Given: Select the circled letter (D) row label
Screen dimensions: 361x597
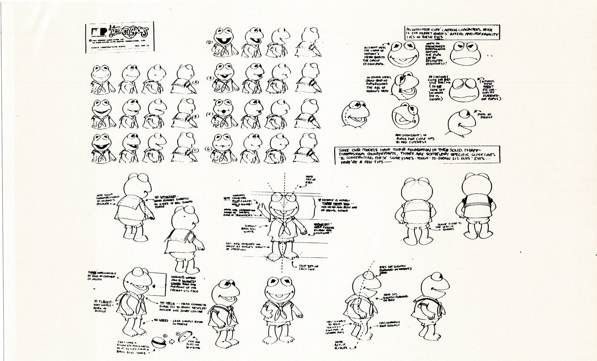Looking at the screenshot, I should click(x=209, y=42).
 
